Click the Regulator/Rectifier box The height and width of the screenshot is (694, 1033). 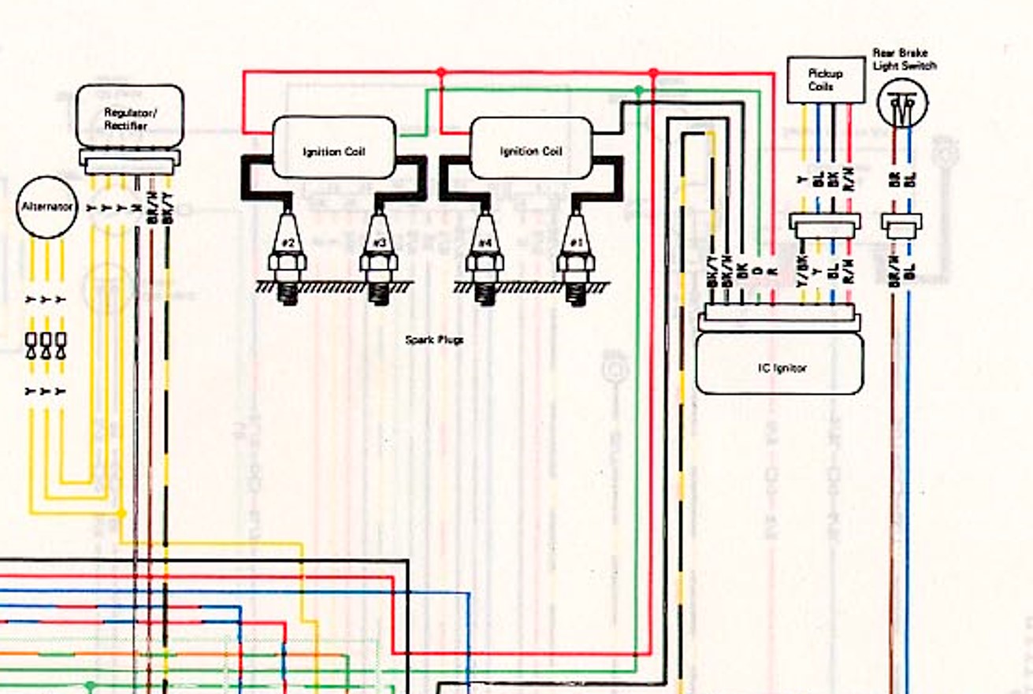tap(130, 117)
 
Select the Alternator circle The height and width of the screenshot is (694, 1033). tap(46, 206)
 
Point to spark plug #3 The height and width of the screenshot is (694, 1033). tap(379, 260)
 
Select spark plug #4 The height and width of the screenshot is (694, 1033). tap(485, 260)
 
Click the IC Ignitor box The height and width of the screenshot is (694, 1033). tap(778, 366)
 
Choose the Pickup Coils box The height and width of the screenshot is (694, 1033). tap(825, 80)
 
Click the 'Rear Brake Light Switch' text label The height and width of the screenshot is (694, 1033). tap(905, 59)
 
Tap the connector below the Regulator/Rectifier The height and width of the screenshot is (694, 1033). tap(130, 164)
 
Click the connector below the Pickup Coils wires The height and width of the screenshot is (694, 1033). tap(825, 227)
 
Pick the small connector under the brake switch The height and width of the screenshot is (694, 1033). tap(901, 227)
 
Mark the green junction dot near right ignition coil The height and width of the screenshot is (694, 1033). tap(638, 91)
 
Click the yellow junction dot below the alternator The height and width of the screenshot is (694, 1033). tap(121, 514)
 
